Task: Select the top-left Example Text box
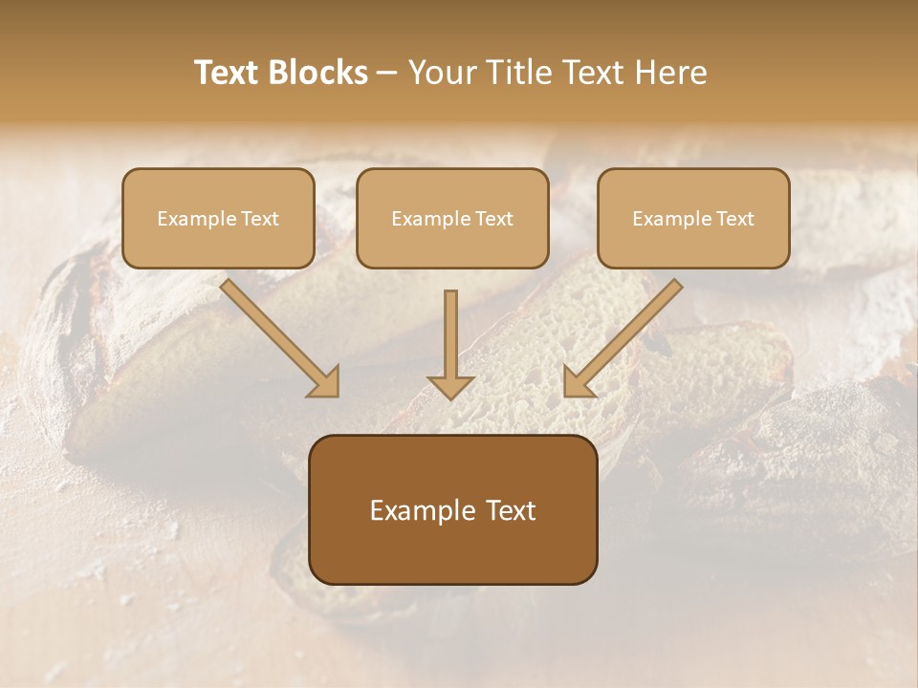pyautogui.click(x=218, y=218)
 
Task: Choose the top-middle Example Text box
pyautogui.click(x=452, y=218)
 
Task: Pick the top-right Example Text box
pyautogui.click(x=693, y=218)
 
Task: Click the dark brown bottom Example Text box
pyautogui.click(x=453, y=509)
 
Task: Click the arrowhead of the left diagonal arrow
pyautogui.click(x=325, y=382)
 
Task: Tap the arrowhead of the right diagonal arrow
pyautogui.click(x=577, y=382)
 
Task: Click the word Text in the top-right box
pyautogui.click(x=736, y=219)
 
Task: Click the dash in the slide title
pyautogui.click(x=387, y=74)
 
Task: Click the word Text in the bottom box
pyautogui.click(x=512, y=511)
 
